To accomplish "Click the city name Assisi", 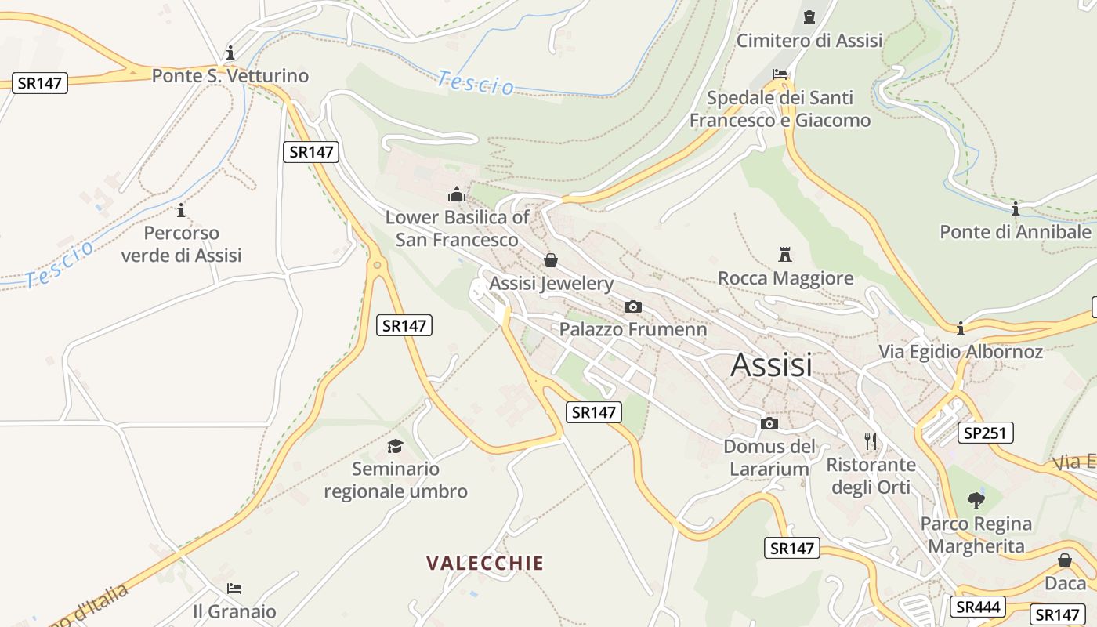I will pos(771,365).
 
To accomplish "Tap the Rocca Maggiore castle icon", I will pos(785,254).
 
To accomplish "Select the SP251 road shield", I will pos(986,433).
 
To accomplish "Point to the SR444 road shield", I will pos(977,606).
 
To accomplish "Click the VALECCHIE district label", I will pos(485,563).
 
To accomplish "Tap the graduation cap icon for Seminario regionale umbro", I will pos(395,446).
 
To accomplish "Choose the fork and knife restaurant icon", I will pos(871,440).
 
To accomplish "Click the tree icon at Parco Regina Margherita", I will pos(976,500).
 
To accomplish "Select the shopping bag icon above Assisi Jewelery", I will pos(551,260).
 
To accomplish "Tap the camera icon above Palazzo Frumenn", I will pos(633,306).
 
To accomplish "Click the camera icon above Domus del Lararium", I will pos(769,424).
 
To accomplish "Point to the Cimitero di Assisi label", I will pos(809,40).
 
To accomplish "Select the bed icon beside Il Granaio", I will pos(234,589).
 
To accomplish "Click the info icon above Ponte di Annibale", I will pos(1016,209).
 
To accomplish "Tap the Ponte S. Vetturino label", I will pos(230,76).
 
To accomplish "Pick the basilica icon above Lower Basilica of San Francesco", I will pos(457,194).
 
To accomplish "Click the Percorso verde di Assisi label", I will pos(182,244).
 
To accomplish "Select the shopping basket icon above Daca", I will pos(1065,560).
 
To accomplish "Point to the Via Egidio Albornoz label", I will pos(961,351).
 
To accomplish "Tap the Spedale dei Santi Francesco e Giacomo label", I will pos(780,109).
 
